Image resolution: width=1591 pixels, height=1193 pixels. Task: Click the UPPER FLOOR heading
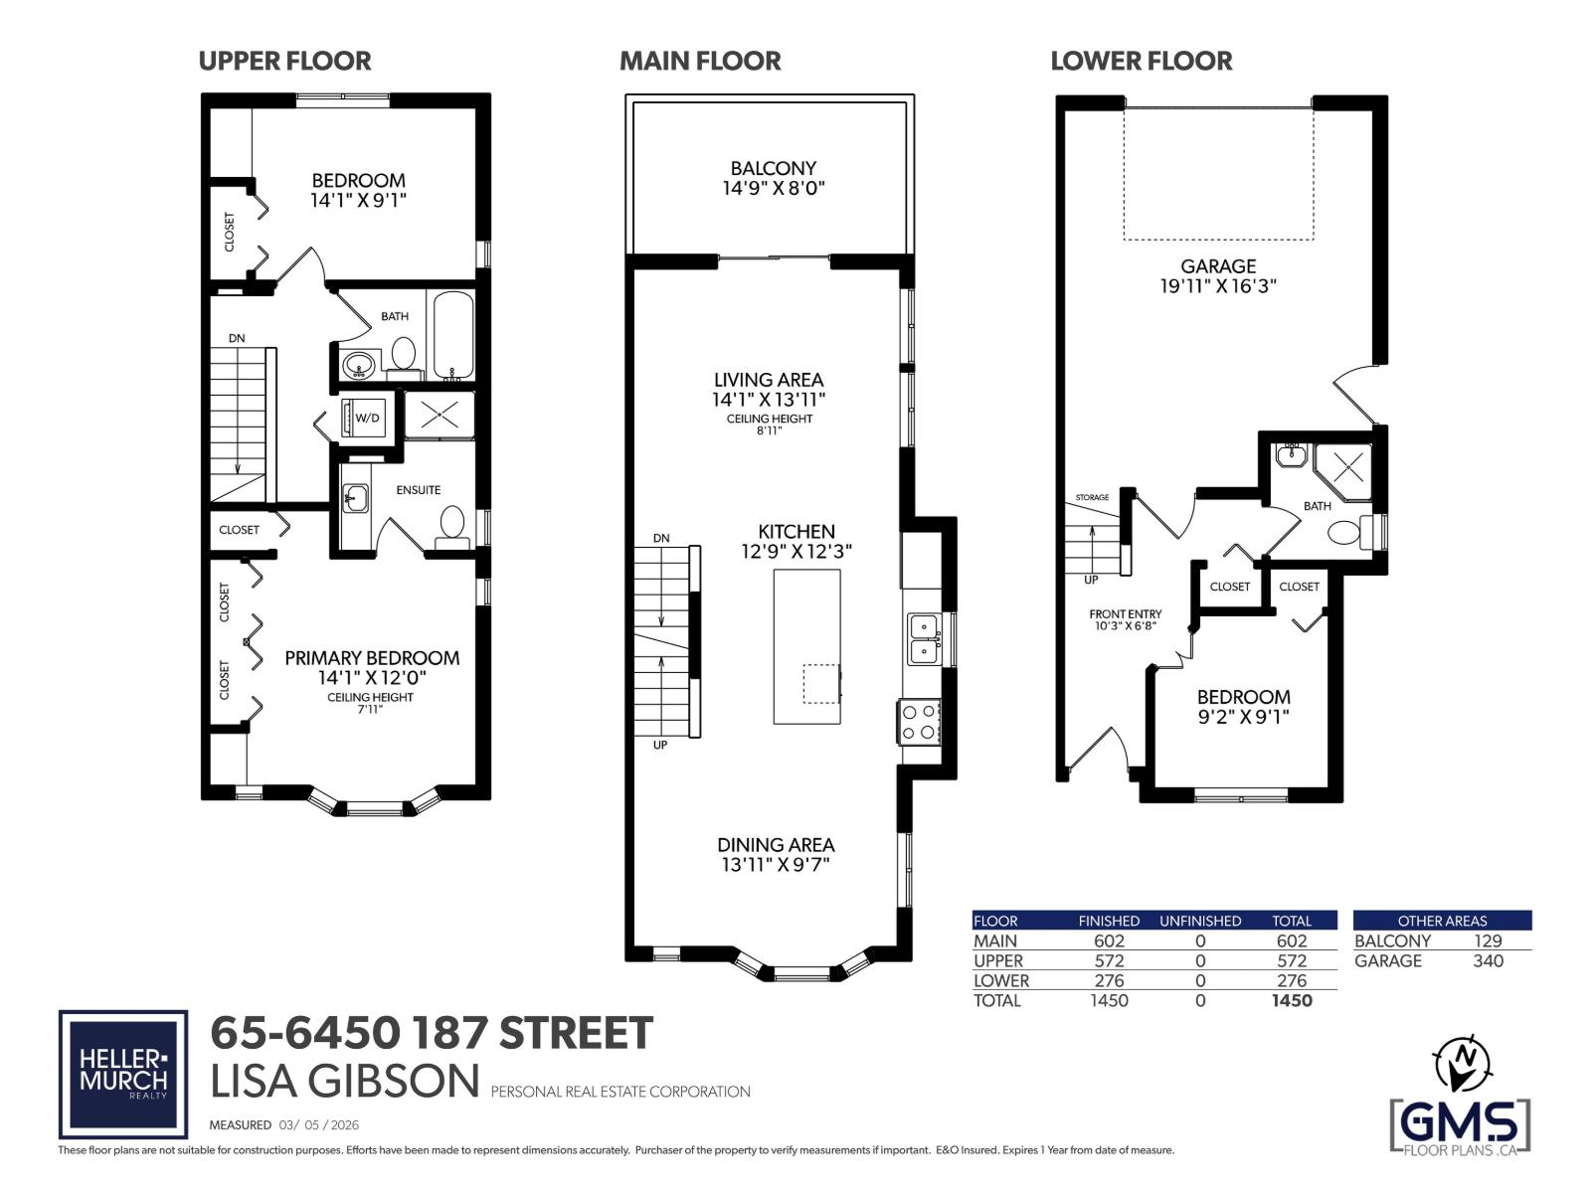(x=284, y=62)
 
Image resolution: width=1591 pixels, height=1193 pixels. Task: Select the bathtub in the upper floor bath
(x=452, y=335)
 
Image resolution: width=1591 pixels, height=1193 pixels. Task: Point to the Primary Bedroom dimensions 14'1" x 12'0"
(x=372, y=678)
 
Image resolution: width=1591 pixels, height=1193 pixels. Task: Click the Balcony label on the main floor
(x=773, y=169)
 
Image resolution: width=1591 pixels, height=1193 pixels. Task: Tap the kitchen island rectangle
(x=806, y=646)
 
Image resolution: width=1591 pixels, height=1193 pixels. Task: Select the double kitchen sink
(x=925, y=639)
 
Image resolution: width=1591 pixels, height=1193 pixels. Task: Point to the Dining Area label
(x=776, y=845)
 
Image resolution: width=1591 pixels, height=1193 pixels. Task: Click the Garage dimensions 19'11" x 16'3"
(x=1218, y=286)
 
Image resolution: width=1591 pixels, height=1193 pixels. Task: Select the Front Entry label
(x=1125, y=614)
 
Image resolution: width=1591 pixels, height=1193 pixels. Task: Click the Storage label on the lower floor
(x=1092, y=497)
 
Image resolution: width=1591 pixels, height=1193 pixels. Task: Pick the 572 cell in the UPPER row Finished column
(x=1109, y=960)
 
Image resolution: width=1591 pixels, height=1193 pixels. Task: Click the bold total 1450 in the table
(x=1292, y=1000)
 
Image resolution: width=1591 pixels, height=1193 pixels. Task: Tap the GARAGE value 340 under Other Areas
(x=1488, y=960)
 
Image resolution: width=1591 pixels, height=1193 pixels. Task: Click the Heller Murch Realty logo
(x=123, y=1075)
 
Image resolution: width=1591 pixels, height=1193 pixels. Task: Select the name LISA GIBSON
(x=345, y=1082)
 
